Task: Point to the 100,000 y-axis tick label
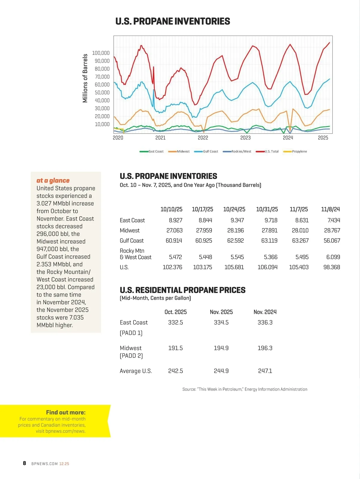click(101, 53)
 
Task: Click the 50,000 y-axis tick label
click(102, 93)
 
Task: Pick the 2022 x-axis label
click(203, 138)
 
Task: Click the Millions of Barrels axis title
click(85, 78)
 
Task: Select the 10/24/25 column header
click(234, 209)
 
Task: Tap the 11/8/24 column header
click(330, 209)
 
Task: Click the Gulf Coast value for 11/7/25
click(300, 241)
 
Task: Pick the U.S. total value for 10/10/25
click(172, 267)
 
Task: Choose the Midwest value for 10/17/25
click(204, 231)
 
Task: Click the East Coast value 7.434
click(334, 220)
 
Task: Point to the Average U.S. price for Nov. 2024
click(265, 371)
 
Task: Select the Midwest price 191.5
click(175, 348)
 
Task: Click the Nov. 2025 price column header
click(221, 312)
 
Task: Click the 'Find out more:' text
click(66, 412)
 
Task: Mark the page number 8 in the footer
click(24, 463)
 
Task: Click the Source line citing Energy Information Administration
click(244, 389)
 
